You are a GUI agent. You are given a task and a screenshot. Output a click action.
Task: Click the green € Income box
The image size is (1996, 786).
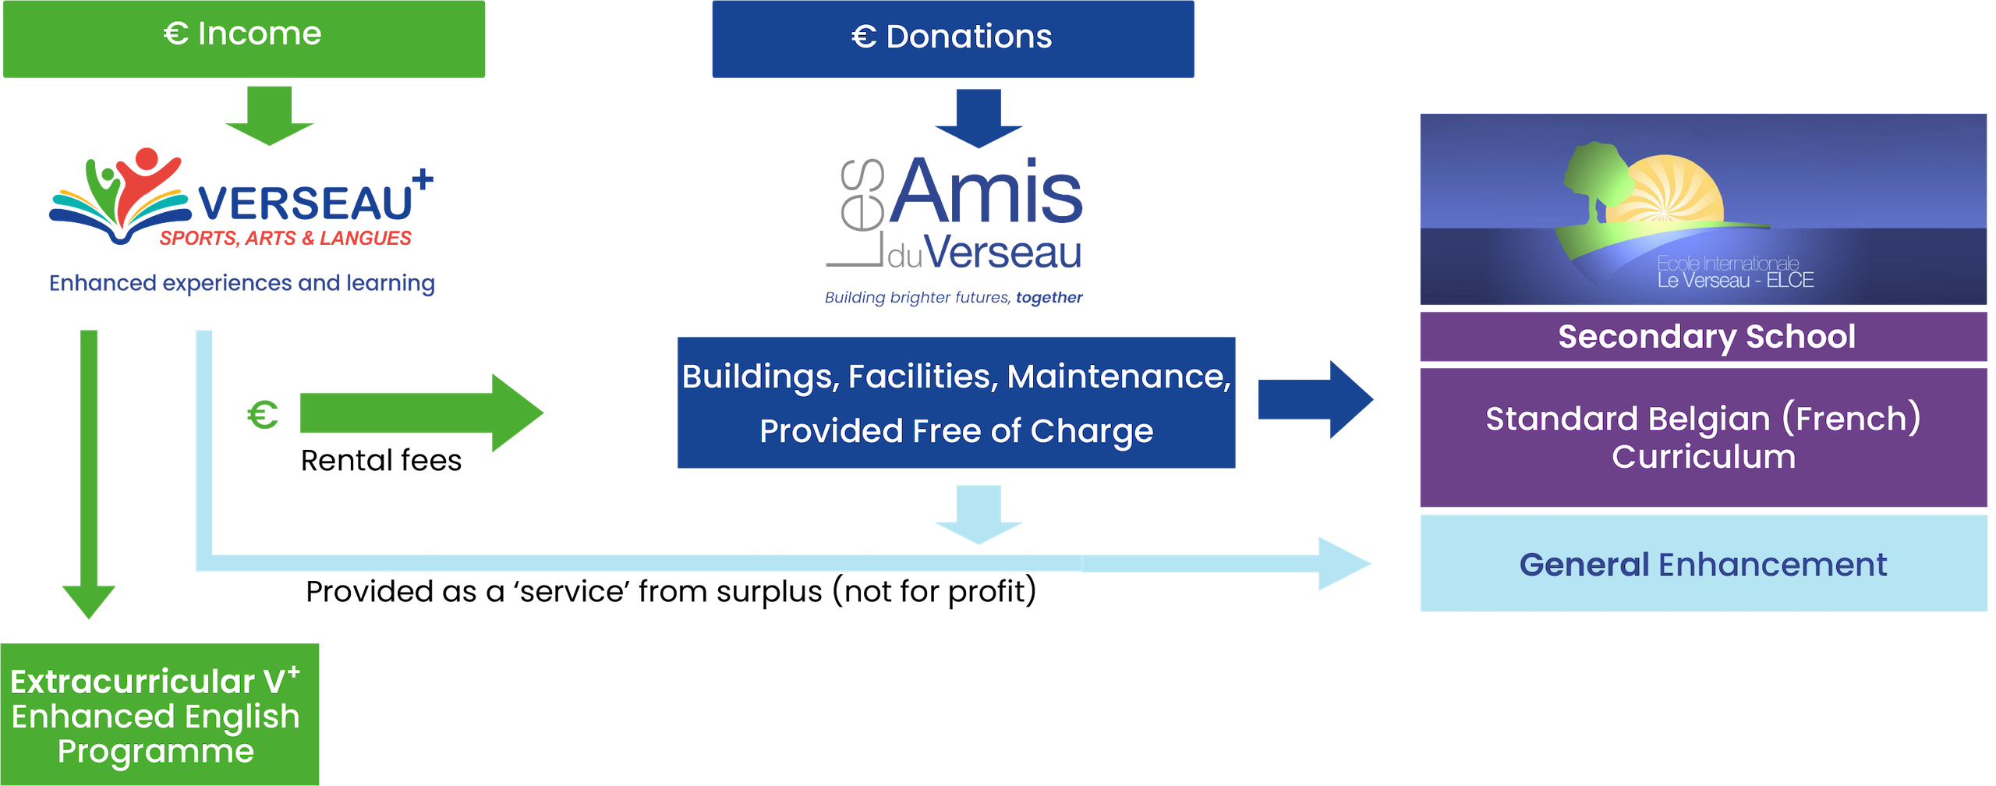pyautogui.click(x=244, y=37)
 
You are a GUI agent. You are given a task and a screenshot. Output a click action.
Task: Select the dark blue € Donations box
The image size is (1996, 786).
pyautogui.click(x=952, y=37)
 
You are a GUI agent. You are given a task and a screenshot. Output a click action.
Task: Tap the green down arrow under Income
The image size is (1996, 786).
pyautogui.click(x=269, y=115)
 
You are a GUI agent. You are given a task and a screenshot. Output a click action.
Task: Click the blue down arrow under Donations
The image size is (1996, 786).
pyautogui.click(x=979, y=119)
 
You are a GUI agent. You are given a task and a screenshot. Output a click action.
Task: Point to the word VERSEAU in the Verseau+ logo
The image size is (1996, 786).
pyautogui.click(x=306, y=203)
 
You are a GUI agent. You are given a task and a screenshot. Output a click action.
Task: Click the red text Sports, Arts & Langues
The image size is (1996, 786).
pyautogui.click(x=285, y=239)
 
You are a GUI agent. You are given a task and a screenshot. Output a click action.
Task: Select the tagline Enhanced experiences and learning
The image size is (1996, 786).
pyautogui.click(x=242, y=283)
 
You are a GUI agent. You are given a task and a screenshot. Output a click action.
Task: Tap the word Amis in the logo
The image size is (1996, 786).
pyautogui.click(x=986, y=193)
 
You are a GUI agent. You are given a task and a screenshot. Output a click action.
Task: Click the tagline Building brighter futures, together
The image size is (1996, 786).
pyautogui.click(x=953, y=297)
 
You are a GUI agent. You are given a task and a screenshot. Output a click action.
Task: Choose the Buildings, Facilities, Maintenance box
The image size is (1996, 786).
pyautogui.click(x=956, y=402)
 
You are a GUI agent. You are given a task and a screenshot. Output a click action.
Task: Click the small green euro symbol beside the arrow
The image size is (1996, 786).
pyautogui.click(x=263, y=415)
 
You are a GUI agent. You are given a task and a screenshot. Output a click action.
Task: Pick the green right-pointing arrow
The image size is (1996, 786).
pyautogui.click(x=421, y=413)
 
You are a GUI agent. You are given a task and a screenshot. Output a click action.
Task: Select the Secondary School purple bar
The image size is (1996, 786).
pyautogui.click(x=1703, y=337)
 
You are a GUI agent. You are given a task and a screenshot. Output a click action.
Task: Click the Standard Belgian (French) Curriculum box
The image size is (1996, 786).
pyautogui.click(x=1703, y=437)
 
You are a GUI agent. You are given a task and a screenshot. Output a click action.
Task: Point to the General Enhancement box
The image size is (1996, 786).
pyautogui.click(x=1703, y=564)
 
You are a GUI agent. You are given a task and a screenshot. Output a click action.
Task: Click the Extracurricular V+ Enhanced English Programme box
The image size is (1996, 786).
pyautogui.click(x=159, y=715)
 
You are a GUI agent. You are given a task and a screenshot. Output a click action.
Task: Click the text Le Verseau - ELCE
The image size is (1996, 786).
pyautogui.click(x=1736, y=281)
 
